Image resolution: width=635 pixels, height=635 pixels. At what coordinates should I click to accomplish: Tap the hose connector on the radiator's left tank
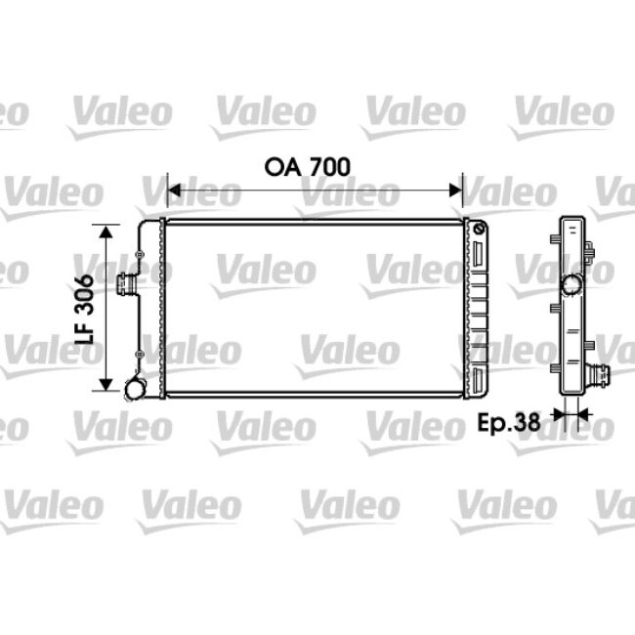124,287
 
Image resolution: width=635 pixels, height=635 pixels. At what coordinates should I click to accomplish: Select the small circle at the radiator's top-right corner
479,228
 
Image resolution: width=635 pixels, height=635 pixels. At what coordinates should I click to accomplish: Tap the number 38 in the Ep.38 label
528,422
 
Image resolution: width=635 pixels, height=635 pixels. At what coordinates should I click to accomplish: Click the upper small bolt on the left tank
141,256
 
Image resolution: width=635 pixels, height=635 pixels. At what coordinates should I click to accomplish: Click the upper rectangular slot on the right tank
479,256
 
